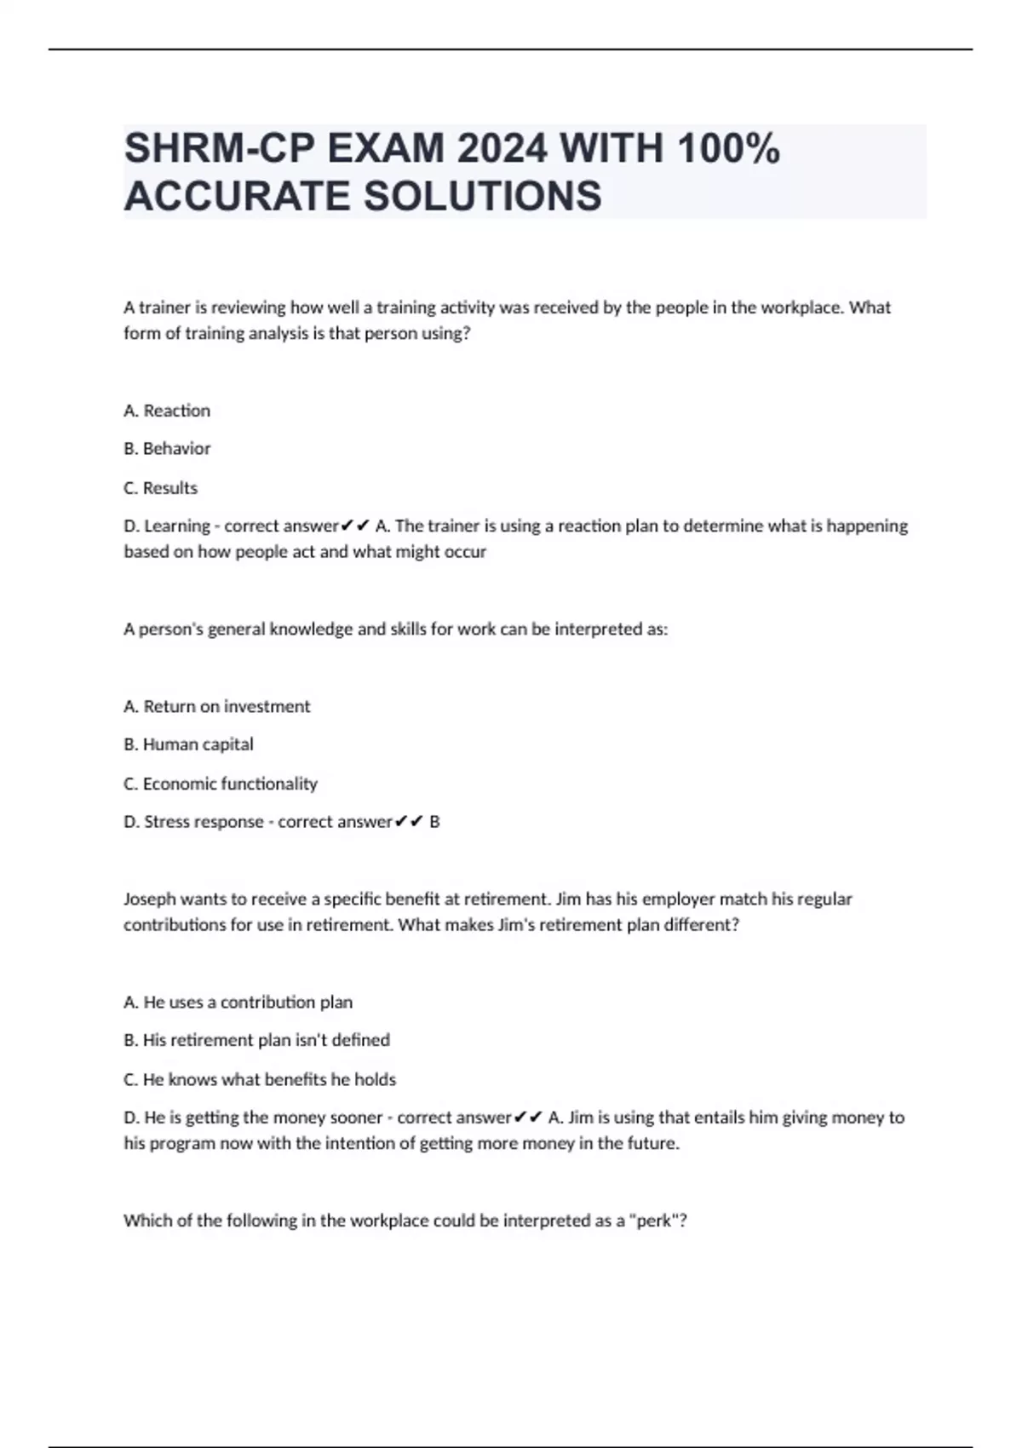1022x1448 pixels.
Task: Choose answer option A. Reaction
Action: tap(167, 411)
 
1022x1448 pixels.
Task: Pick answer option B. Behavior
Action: tap(167, 448)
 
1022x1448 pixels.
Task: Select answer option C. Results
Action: tap(161, 488)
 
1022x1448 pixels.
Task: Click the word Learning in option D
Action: tap(177, 526)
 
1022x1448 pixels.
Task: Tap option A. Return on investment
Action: tap(217, 706)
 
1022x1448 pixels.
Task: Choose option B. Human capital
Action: tap(188, 744)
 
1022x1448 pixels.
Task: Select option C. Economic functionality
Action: tap(221, 784)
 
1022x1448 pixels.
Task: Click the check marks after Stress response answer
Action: tap(410, 822)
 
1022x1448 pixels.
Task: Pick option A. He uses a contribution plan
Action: tap(238, 1003)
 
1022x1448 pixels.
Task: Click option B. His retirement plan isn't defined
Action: tap(256, 1040)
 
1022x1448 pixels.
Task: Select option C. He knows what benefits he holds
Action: tap(260, 1079)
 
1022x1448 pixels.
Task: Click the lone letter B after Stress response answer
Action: tap(434, 822)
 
